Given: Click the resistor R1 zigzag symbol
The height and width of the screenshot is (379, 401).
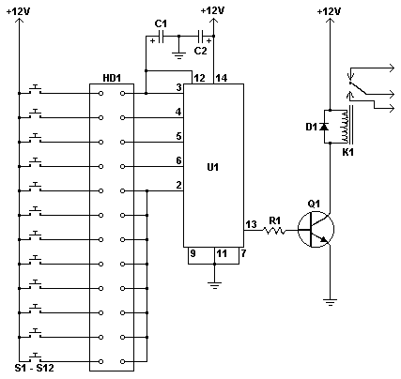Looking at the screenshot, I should pyautogui.click(x=274, y=230).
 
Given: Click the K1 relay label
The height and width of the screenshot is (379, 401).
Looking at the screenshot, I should pyautogui.click(x=347, y=149).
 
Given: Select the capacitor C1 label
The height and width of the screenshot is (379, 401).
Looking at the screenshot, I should pyautogui.click(x=161, y=23).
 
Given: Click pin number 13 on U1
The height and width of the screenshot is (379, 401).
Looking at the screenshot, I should pyautogui.click(x=251, y=223).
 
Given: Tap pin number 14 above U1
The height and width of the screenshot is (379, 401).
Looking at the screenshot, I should pyautogui.click(x=222, y=78).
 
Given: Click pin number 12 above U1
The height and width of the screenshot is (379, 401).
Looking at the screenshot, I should pyautogui.click(x=199, y=78).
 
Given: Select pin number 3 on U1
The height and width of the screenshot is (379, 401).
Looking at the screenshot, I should pyautogui.click(x=177, y=88).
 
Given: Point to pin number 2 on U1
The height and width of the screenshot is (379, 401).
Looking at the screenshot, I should pyautogui.click(x=177, y=186).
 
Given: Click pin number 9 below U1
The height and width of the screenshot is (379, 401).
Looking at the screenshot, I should pyautogui.click(x=192, y=252).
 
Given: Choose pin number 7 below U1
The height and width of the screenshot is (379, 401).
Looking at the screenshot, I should pyautogui.click(x=242, y=252).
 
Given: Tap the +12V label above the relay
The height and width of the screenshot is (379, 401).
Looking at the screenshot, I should pyautogui.click(x=329, y=10).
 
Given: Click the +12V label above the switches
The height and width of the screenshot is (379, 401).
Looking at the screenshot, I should pyautogui.click(x=19, y=10).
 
